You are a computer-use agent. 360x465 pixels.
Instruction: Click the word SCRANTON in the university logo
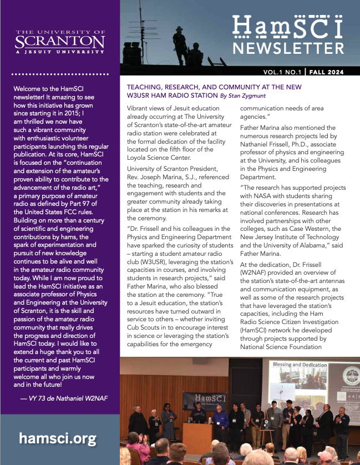click(60, 42)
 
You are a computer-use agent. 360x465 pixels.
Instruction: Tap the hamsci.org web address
click(58, 438)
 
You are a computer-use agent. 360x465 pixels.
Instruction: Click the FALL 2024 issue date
click(326, 72)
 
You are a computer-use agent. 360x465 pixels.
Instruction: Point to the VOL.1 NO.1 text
click(283, 72)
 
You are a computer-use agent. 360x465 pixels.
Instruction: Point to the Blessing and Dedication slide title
click(297, 365)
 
